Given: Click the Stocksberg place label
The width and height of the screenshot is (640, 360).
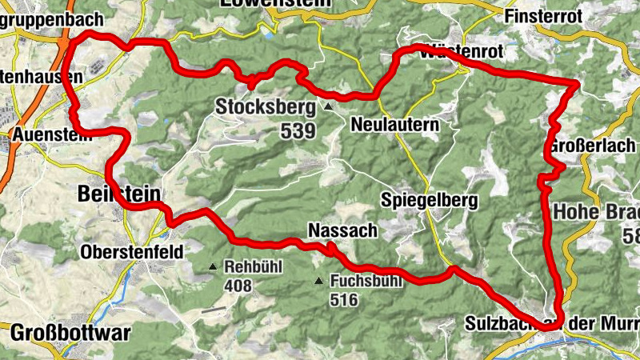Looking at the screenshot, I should pyautogui.click(x=266, y=106).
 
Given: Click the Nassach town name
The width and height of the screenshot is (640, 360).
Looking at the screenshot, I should pyautogui.click(x=342, y=231).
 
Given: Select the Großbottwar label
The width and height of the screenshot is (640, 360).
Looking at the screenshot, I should pyautogui.click(x=70, y=331).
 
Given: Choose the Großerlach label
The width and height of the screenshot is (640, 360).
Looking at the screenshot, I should pyautogui.click(x=593, y=146).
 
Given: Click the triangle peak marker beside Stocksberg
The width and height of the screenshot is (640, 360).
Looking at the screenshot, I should pyautogui.click(x=327, y=106).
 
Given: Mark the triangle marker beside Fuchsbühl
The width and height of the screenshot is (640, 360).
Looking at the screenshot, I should pyautogui.click(x=319, y=281).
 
